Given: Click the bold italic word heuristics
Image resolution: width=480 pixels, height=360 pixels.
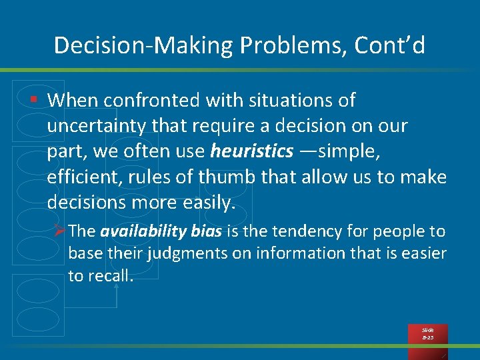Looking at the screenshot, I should pyautogui.click(x=251, y=151).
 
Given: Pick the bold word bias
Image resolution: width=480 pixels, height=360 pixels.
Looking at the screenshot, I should pyautogui.click(x=207, y=231).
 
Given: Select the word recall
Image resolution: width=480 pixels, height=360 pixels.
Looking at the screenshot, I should pyautogui.click(x=107, y=276).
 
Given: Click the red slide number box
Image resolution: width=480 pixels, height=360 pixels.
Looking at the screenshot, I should pyautogui.click(x=427, y=334).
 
